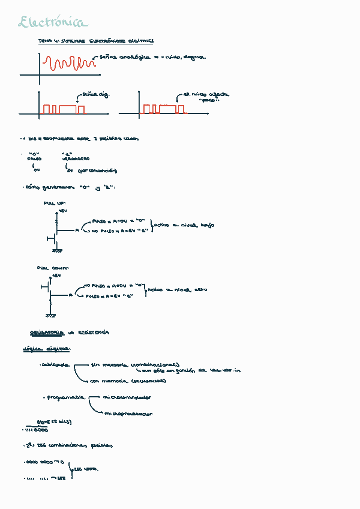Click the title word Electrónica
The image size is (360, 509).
click(53, 23)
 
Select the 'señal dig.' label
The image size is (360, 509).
click(97, 95)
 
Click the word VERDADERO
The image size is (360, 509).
click(76, 159)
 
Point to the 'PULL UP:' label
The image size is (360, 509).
click(55, 203)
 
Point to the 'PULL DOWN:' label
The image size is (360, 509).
click(53, 268)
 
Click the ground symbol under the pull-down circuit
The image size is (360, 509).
click(50, 315)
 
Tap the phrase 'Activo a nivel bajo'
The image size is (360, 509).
click(185, 226)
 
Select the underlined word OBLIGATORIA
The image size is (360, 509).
click(46, 333)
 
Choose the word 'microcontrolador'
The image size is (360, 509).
click(127, 397)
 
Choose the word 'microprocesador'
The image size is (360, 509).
click(128, 414)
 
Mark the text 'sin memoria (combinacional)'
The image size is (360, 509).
click(134, 364)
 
